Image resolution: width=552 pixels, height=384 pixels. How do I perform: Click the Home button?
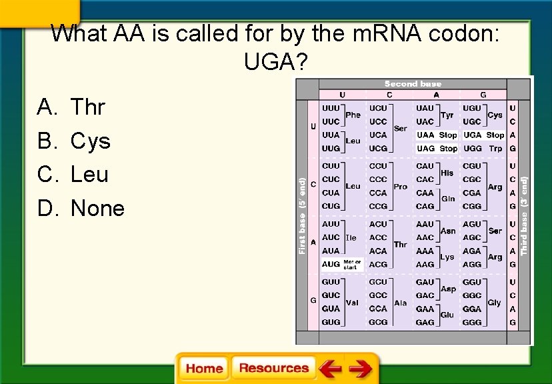coord(204,368)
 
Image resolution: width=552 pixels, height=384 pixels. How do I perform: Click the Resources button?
coord(273,368)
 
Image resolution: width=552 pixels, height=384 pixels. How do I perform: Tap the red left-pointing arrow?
coord(329,368)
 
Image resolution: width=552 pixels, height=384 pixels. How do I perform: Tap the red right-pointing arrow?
coord(361,368)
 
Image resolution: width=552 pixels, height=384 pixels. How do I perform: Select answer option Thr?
coord(87,107)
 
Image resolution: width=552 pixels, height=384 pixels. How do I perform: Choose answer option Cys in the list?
coord(90,141)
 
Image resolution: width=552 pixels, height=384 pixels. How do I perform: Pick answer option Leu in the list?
coord(89,175)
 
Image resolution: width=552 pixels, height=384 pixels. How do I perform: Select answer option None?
coord(97,209)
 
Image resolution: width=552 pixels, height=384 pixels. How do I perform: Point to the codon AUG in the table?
coord(331,264)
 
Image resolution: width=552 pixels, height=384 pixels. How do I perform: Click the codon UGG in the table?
coord(472,149)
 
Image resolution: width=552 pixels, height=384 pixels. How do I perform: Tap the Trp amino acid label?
coord(495,149)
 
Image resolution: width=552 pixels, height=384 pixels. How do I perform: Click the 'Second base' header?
coord(413,84)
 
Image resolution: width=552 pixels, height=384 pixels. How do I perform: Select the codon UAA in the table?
coord(425,135)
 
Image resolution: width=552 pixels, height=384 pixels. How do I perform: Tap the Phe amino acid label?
coord(353,115)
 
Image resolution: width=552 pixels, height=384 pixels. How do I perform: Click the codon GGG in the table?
coord(472,323)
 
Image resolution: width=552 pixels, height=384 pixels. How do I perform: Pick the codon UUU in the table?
coord(331,108)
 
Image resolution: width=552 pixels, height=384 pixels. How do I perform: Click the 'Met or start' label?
coord(352,264)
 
